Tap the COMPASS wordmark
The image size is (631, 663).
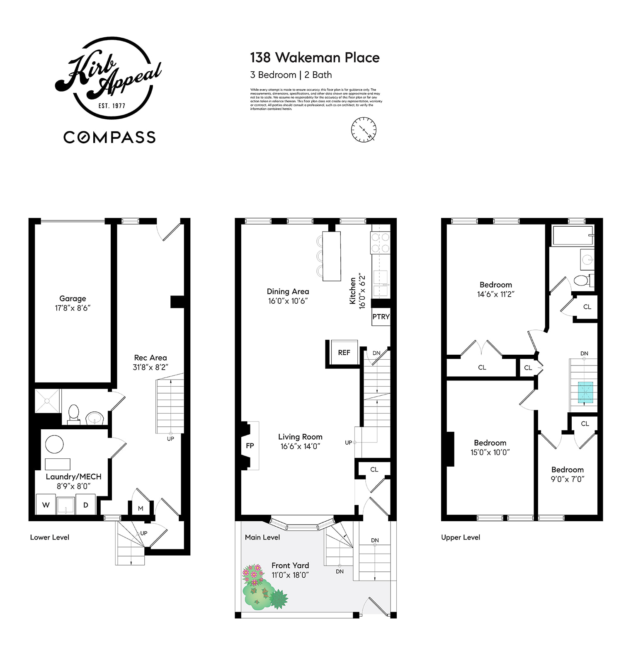click(x=109, y=137)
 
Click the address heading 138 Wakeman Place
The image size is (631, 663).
click(x=315, y=58)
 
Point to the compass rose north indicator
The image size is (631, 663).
click(x=364, y=129)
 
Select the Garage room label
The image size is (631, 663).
click(x=73, y=299)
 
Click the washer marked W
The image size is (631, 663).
click(x=46, y=505)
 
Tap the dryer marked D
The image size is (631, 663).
click(x=86, y=505)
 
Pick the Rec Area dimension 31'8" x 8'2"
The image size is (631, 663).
click(x=150, y=367)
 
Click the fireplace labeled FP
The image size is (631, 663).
click(x=250, y=446)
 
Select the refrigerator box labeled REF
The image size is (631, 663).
click(x=344, y=353)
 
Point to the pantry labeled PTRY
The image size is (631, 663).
click(x=381, y=317)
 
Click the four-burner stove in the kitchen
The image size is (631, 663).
click(x=380, y=243)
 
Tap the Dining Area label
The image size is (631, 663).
click(x=288, y=292)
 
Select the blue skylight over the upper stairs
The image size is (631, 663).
click(x=585, y=392)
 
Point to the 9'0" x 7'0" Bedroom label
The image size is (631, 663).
click(x=567, y=474)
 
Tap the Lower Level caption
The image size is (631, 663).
click(x=50, y=537)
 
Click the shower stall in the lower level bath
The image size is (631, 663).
click(x=47, y=401)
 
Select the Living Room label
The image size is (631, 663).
click(x=300, y=437)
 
